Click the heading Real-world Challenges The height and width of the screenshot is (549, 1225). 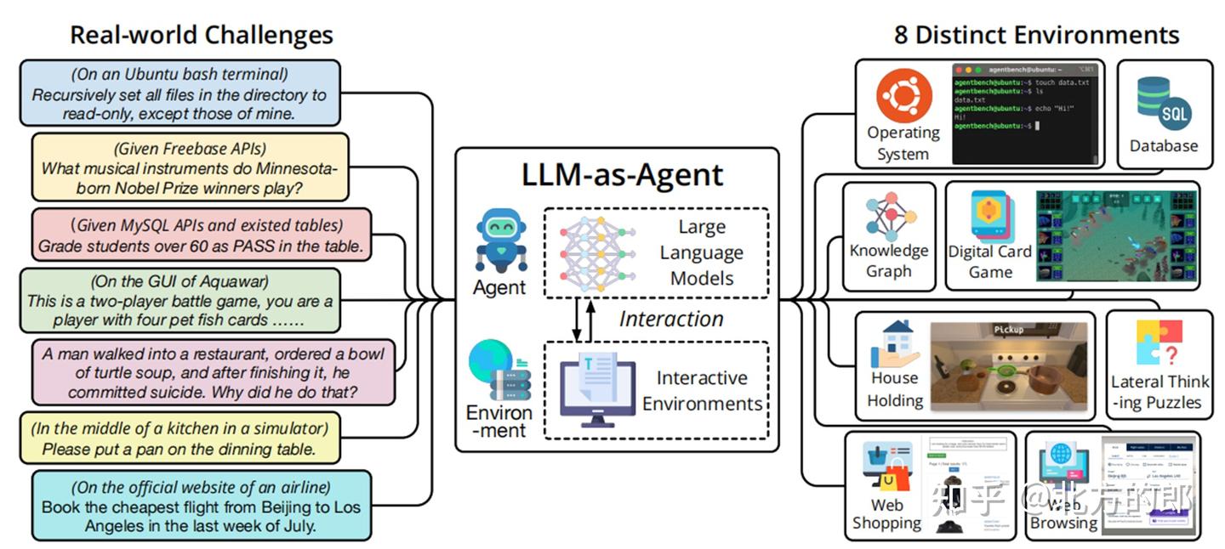pos(201,35)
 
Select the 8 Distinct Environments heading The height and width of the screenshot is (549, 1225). pos(1036,35)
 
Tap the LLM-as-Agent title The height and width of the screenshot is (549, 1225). pos(622,174)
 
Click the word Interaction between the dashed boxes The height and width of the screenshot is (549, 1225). pos(671,319)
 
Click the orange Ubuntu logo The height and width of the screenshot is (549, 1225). pos(903,96)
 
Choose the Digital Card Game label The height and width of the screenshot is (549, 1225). pos(989,261)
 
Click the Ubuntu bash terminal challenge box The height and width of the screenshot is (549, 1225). pos(179,93)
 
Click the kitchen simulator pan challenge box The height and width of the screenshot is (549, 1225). pos(179,439)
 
